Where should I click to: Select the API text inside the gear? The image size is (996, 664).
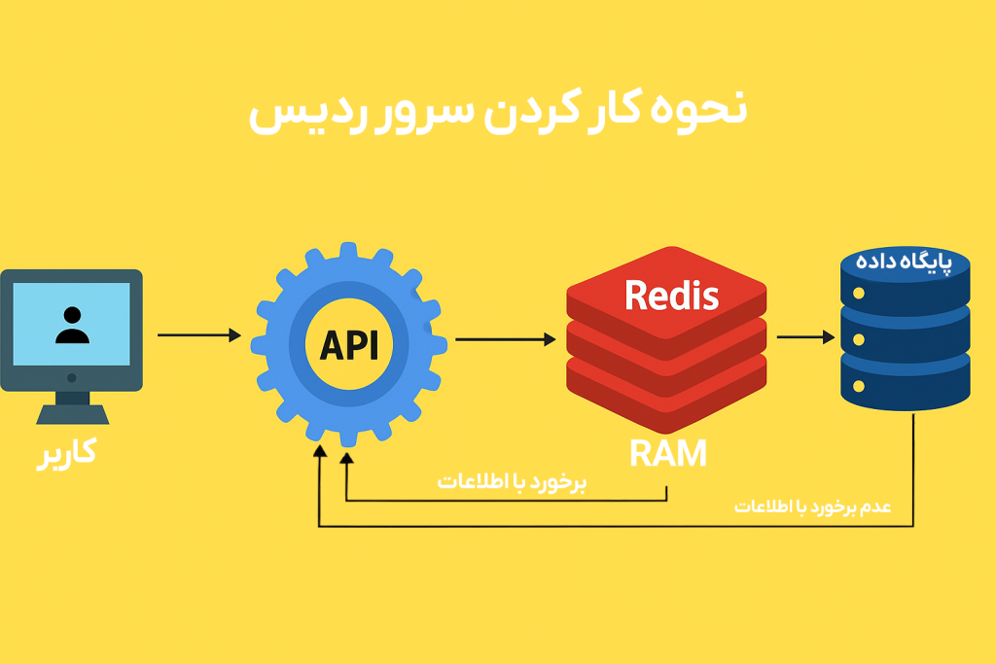tap(348, 344)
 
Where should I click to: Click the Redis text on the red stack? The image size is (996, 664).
tap(671, 294)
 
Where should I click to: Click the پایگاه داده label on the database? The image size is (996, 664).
tap(906, 263)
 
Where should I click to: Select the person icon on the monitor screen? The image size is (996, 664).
tap(72, 324)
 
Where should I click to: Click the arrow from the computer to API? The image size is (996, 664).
tap(198, 335)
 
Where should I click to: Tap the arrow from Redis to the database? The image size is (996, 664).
tap(805, 337)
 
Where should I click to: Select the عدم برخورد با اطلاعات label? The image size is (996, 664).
tap(811, 507)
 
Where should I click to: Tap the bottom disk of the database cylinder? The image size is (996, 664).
tap(905, 381)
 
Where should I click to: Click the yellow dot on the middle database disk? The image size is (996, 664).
tap(859, 339)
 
